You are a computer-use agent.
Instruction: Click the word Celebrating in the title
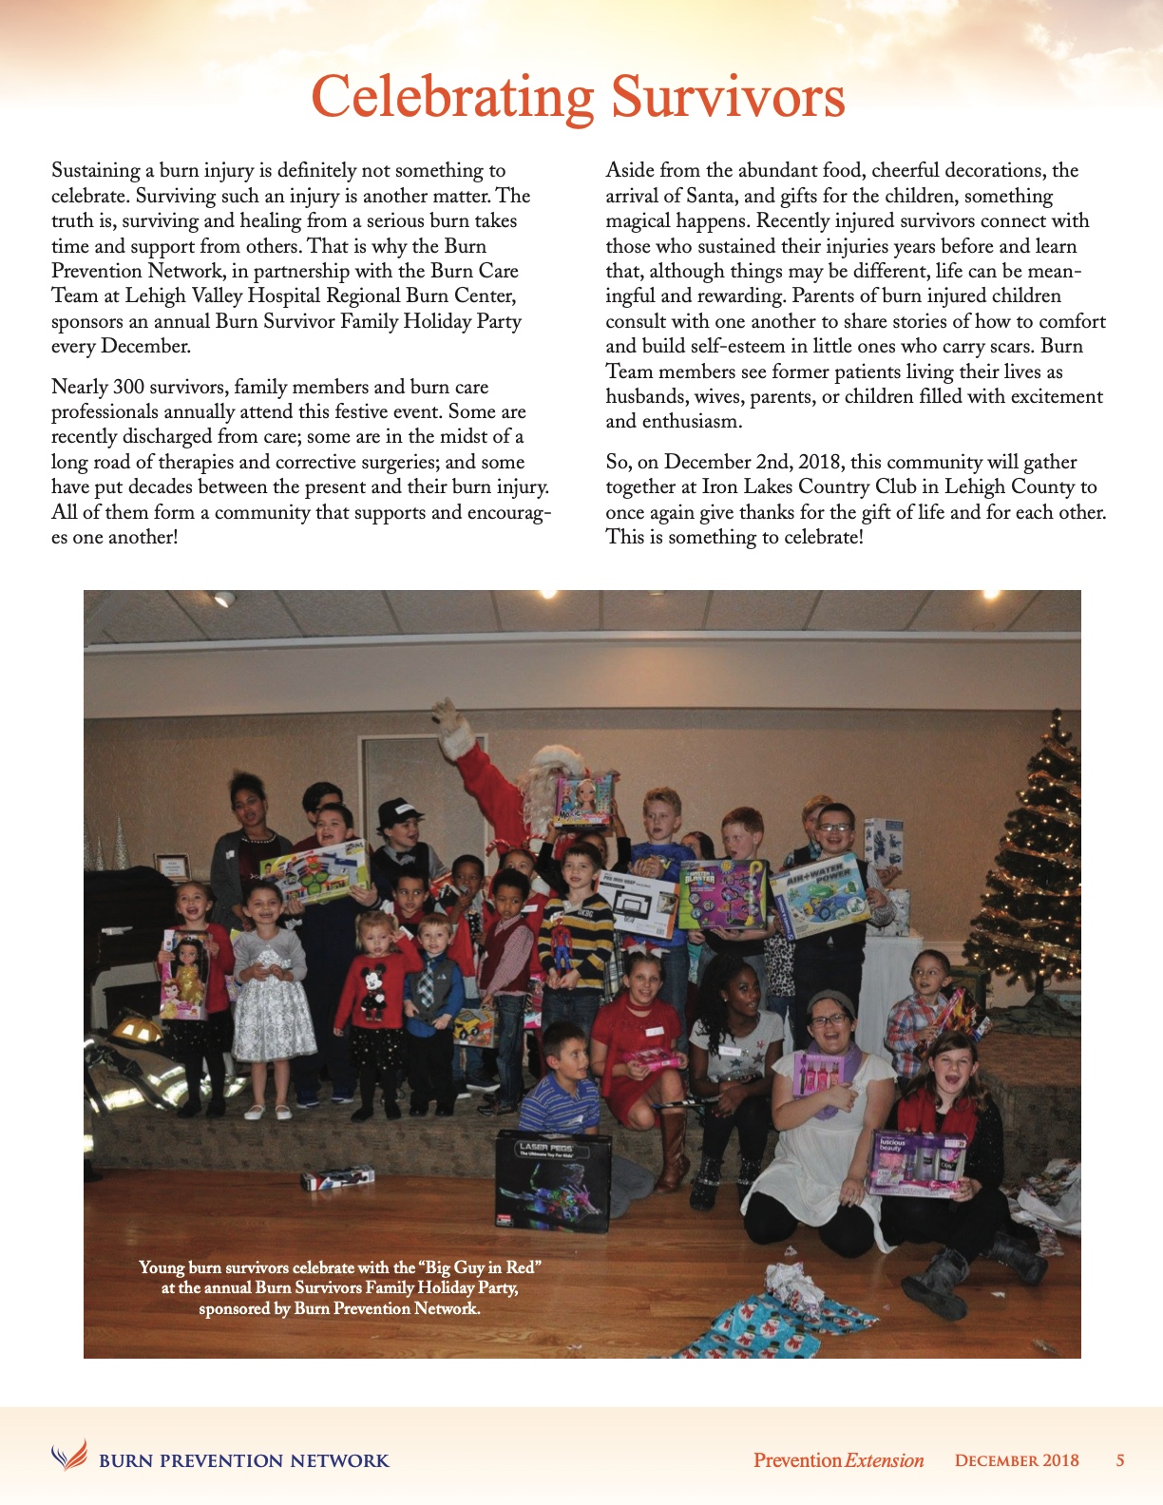(452, 98)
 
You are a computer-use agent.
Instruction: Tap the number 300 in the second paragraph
(128, 387)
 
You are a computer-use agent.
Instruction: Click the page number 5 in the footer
(1120, 1460)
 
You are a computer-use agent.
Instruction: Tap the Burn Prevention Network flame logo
(68, 1455)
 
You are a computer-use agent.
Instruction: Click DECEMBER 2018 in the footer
(1017, 1460)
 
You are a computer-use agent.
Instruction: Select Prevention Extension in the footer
(838, 1460)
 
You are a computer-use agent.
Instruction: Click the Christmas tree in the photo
(1030, 874)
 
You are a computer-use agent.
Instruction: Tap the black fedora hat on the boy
(399, 812)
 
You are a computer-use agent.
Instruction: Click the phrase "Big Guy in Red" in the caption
(479, 1267)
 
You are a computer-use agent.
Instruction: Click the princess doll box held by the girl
(183, 974)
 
